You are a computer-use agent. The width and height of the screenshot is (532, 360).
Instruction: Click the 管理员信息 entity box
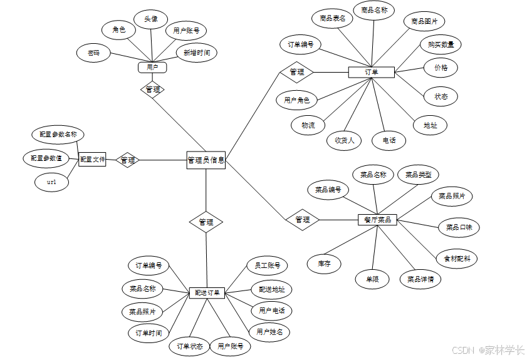206,160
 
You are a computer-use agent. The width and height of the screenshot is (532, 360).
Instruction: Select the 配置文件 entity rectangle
92,160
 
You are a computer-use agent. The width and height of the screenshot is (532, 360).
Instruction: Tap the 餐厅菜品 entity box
377,220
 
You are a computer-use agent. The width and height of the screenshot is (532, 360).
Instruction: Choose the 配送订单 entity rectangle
207,293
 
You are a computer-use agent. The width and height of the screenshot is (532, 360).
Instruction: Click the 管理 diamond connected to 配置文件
128,160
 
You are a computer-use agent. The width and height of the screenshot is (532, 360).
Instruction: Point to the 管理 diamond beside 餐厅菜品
302,220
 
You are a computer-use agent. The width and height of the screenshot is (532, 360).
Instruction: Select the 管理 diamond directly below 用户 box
152,90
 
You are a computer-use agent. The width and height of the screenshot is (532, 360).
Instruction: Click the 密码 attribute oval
94,53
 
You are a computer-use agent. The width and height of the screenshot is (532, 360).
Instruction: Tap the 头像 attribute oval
151,19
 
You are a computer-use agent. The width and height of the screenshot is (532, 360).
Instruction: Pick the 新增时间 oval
197,53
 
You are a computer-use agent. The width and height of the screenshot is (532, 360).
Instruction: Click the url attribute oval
51,182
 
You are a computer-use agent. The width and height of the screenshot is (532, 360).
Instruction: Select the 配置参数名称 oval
58,134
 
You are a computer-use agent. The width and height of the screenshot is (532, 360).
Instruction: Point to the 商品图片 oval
424,21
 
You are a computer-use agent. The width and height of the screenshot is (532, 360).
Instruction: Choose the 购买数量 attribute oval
441,44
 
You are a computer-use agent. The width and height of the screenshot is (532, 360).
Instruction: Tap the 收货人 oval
344,140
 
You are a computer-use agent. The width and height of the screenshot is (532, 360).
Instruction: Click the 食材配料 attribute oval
457,258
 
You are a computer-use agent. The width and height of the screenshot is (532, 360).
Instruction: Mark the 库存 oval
325,264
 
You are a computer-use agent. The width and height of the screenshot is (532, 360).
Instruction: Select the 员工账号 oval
267,265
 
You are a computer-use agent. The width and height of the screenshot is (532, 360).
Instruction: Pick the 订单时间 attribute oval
149,333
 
